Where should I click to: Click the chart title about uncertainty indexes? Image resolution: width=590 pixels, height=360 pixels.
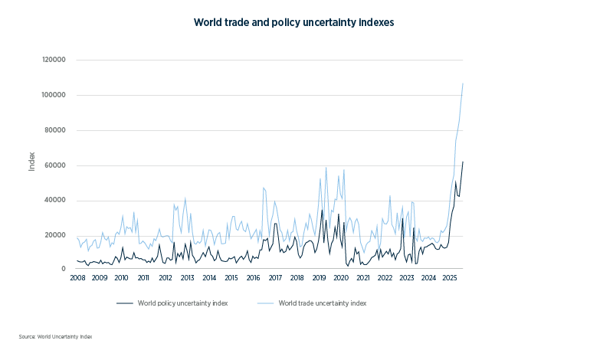pyautogui.click(x=294, y=23)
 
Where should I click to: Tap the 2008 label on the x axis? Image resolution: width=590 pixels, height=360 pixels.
pyautogui.click(x=77, y=278)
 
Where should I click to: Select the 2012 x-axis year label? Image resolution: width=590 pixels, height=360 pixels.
pyautogui.click(x=165, y=278)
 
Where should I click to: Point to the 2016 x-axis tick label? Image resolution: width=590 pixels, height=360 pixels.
pyautogui.click(x=253, y=278)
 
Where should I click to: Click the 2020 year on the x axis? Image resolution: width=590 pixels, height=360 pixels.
pyautogui.click(x=341, y=278)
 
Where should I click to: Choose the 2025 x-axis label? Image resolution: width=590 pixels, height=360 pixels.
pyautogui.click(x=451, y=278)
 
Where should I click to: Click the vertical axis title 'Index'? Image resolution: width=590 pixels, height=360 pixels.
pyautogui.click(x=32, y=161)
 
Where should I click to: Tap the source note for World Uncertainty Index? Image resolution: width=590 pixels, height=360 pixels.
pyautogui.click(x=55, y=336)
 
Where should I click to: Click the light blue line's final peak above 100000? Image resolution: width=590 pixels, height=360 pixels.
pyautogui.click(x=463, y=83)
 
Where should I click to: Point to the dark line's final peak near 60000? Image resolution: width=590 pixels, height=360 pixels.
pyautogui.click(x=463, y=162)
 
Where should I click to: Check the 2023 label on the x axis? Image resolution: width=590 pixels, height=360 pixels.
pyautogui.click(x=407, y=278)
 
